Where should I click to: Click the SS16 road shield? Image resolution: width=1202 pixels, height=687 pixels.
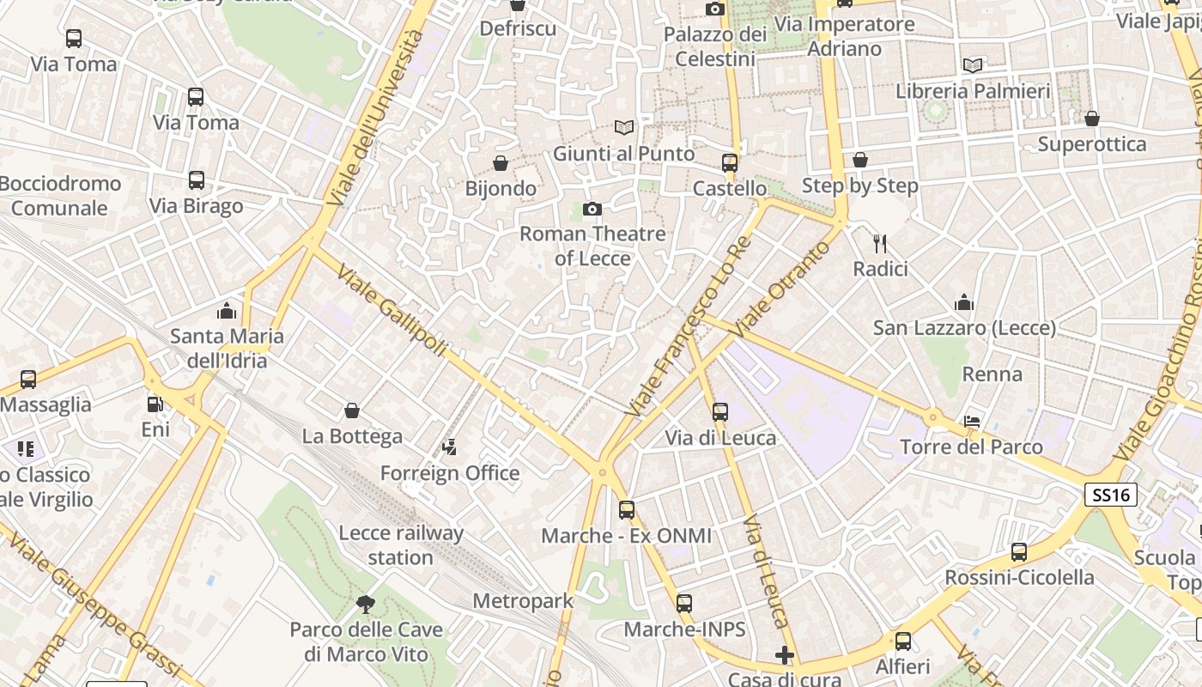(1110, 495)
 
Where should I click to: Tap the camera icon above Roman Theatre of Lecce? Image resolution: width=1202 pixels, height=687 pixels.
(592, 209)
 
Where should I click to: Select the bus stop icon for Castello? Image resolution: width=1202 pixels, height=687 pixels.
(730, 162)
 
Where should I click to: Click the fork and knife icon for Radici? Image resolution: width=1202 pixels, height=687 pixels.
(880, 244)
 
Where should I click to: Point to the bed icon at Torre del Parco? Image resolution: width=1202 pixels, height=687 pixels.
(972, 421)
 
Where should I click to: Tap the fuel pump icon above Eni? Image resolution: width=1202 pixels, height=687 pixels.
(155, 404)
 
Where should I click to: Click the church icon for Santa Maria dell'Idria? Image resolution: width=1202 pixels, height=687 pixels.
(227, 310)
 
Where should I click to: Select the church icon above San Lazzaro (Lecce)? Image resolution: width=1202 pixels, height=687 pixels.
(964, 302)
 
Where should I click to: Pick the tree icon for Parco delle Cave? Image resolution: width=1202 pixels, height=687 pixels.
(366, 605)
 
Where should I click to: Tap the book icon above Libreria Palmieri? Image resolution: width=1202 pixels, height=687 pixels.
(973, 65)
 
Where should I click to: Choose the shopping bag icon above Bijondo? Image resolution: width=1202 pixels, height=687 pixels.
(501, 162)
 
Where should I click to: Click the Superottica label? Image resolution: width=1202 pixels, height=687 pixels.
(1092, 143)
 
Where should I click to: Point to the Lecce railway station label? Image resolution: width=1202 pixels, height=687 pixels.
(401, 544)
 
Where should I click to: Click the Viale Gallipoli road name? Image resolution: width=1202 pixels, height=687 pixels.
(392, 310)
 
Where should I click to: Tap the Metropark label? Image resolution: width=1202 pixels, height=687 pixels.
(523, 601)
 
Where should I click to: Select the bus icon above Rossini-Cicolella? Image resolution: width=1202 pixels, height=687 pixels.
(1019, 552)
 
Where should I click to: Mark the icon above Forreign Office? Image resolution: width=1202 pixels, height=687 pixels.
(449, 447)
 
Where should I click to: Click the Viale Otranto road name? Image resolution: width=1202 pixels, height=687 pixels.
(782, 287)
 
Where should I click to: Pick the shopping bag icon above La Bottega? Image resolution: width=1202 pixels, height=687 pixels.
(351, 410)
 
